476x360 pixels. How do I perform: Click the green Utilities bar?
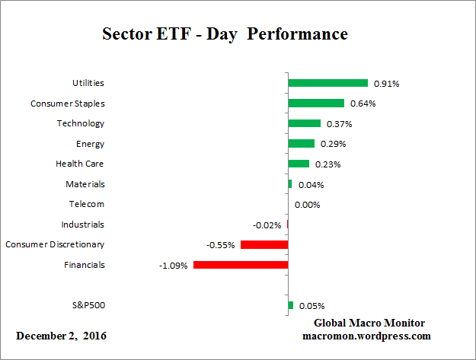click(x=327, y=83)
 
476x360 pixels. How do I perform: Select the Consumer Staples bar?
click(x=316, y=103)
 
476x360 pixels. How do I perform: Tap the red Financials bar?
click(x=241, y=265)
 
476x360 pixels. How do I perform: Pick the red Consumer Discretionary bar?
click(x=264, y=245)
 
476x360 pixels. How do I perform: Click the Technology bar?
click(x=305, y=123)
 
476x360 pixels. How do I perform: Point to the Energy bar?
click(x=302, y=143)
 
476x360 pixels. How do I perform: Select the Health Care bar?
click(x=299, y=164)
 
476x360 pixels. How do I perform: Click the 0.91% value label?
click(x=386, y=83)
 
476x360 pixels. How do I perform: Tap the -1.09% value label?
click(x=173, y=265)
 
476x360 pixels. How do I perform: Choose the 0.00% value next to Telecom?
click(x=307, y=204)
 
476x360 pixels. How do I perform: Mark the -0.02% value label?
click(x=267, y=225)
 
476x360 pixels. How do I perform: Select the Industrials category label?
click(x=82, y=225)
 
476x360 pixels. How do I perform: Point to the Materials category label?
click(x=85, y=183)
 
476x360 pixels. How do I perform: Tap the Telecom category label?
click(x=86, y=204)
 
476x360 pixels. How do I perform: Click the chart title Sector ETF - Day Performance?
click(x=225, y=34)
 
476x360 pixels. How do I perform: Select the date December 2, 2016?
click(x=62, y=335)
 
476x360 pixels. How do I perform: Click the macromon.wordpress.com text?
click(x=366, y=335)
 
